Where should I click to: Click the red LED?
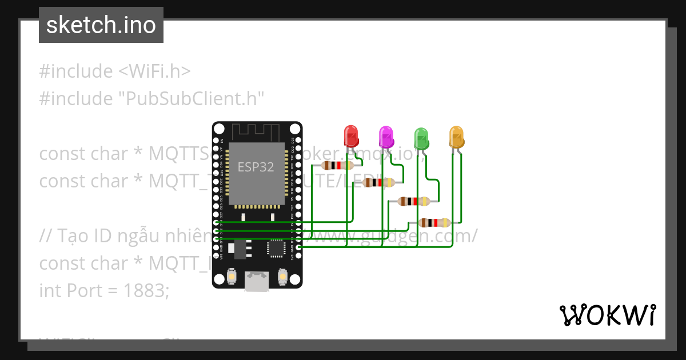350,137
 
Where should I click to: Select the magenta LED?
386,137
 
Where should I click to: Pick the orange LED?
456,137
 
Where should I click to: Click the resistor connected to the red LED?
337,165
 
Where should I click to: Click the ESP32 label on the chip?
256,167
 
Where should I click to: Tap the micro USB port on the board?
257,281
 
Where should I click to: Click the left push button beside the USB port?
232,277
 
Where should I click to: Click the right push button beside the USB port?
282,277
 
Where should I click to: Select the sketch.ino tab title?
101,25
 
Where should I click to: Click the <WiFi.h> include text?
154,71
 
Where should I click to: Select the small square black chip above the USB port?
276,249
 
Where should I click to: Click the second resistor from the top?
380,183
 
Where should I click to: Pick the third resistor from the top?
413,201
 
